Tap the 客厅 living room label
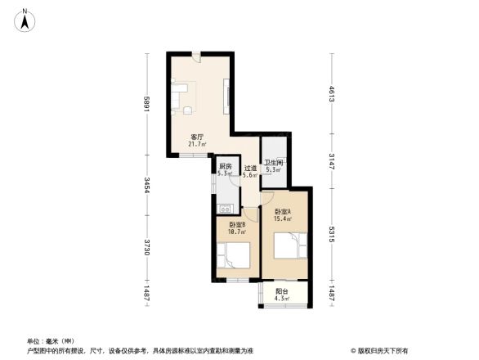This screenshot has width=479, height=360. [x=197, y=137]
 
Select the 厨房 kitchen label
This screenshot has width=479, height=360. [x=224, y=166]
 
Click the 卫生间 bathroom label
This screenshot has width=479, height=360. [x=274, y=163]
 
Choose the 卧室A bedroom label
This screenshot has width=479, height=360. [x=284, y=211]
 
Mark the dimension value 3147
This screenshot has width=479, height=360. [x=332, y=160]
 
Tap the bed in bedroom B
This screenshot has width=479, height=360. [x=235, y=256]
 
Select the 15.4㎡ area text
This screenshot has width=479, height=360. [x=284, y=218]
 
